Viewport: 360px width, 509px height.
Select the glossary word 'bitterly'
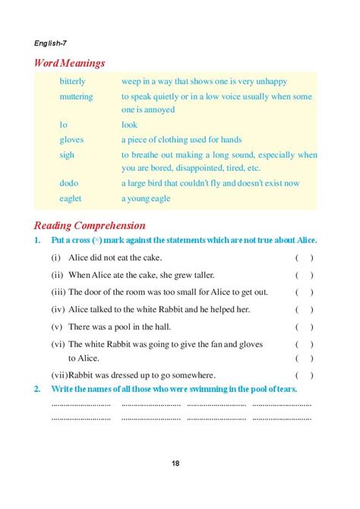73,81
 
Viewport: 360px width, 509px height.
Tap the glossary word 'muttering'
77,97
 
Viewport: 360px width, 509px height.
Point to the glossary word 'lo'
64,125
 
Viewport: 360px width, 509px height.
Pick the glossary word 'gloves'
71,140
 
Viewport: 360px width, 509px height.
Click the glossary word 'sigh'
68,154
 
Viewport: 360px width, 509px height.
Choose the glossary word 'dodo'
70,183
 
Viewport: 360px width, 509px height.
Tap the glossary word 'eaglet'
71,198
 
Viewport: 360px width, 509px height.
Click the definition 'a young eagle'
146,198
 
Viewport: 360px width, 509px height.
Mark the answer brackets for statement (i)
304,258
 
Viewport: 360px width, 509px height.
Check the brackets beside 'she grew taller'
304,275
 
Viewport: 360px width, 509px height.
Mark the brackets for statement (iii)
304,292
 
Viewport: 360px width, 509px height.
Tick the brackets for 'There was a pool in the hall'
304,327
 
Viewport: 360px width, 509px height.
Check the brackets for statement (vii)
304,375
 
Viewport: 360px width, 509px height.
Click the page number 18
175,463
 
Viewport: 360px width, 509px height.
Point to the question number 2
37,389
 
